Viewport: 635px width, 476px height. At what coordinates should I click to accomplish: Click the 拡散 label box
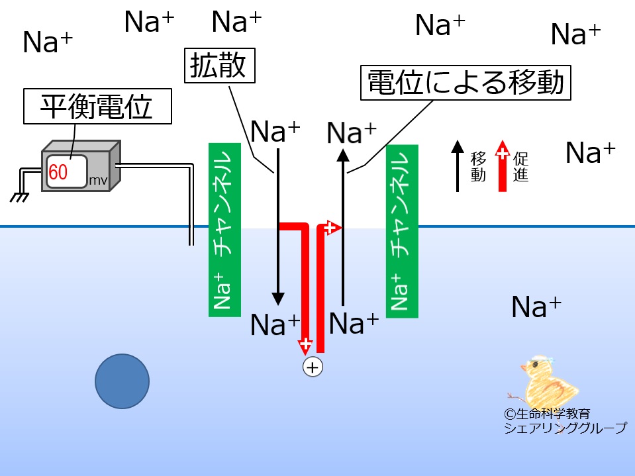[x=219, y=66]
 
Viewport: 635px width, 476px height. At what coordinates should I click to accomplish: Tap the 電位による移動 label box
[x=465, y=83]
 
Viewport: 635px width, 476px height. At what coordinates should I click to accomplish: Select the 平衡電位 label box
[x=97, y=106]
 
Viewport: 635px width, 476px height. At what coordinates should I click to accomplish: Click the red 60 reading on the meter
[x=58, y=172]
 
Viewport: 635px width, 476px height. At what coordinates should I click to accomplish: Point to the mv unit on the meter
[x=98, y=181]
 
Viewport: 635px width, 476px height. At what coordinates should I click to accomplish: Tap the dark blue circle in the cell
[x=122, y=381]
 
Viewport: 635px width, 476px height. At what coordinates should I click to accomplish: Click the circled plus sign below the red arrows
[x=313, y=367]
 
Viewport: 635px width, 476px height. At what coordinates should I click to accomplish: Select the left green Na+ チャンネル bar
[x=224, y=230]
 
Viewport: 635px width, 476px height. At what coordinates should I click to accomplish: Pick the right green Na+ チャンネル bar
[x=402, y=231]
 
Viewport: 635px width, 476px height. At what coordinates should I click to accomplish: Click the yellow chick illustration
[x=544, y=383]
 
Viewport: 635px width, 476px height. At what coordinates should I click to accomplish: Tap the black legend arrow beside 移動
[x=458, y=166]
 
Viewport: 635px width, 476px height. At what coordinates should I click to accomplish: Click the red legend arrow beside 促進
[x=503, y=166]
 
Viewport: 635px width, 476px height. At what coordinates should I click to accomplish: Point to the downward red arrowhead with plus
[x=305, y=346]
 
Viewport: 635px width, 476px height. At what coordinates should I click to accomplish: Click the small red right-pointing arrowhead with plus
[x=333, y=228]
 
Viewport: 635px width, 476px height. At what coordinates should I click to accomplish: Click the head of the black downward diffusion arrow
[x=278, y=299]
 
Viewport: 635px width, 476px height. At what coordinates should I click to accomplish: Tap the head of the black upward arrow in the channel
[x=343, y=156]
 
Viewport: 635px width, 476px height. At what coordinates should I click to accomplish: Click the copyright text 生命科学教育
[x=547, y=414]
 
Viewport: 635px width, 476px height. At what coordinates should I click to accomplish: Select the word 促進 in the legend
[x=521, y=167]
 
